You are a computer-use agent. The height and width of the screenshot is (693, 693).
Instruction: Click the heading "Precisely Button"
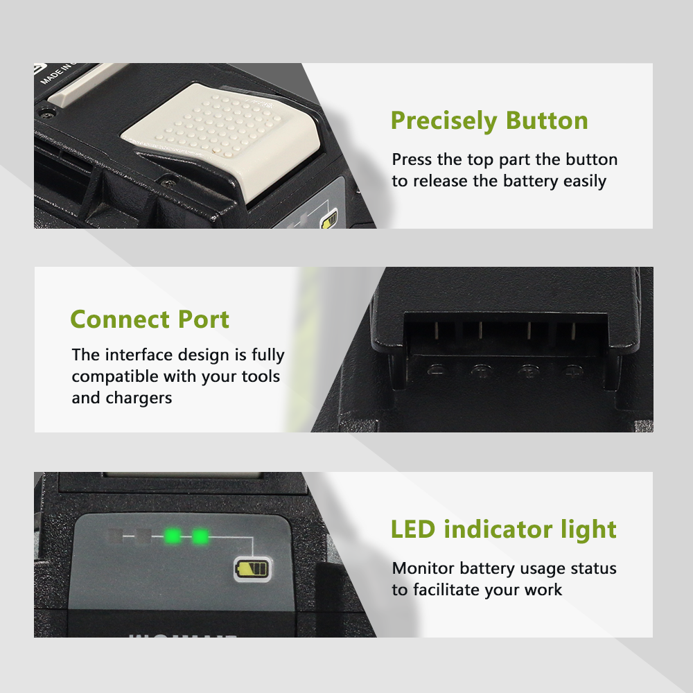point(489,121)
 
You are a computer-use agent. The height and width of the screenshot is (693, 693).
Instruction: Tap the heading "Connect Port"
point(150,319)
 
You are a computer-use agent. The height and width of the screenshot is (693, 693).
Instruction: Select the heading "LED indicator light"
point(503,529)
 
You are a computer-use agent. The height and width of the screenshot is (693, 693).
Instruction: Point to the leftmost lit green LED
point(173,536)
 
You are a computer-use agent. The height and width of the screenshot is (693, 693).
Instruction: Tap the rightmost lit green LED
point(200,537)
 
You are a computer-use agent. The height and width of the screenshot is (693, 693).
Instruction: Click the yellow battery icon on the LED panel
point(253,568)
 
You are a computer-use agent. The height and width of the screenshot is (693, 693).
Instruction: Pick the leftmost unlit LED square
point(115,536)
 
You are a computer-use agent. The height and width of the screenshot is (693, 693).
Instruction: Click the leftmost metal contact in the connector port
point(435,331)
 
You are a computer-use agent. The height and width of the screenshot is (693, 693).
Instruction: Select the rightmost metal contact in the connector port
point(574,331)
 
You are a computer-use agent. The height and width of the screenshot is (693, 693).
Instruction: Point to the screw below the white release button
point(168,181)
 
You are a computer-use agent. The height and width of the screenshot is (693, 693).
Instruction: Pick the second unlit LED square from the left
point(143,536)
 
